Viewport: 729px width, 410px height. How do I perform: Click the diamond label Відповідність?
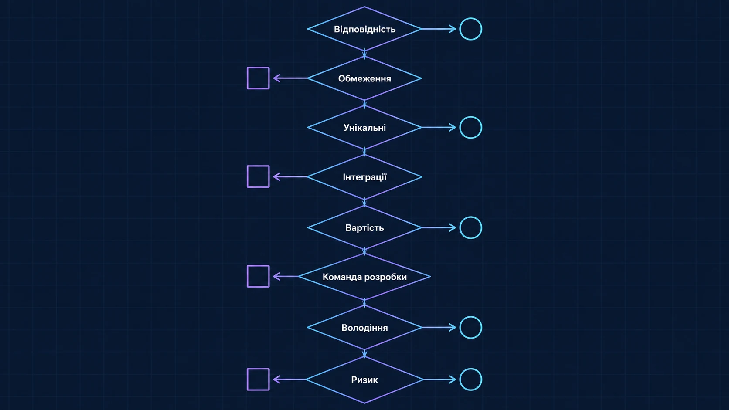pos(364,29)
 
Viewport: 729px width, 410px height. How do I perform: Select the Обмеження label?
pos(364,79)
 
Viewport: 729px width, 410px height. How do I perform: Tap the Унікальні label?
pos(364,128)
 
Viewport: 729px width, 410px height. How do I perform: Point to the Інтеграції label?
pos(364,177)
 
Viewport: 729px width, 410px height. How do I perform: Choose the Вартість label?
pos(364,228)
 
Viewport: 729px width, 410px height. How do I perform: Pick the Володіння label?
pos(364,328)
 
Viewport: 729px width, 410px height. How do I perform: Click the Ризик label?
pos(364,380)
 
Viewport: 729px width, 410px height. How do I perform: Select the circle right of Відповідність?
pos(470,18)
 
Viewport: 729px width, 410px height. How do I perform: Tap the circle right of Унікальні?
pos(470,117)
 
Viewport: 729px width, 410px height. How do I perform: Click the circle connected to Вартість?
pos(470,217)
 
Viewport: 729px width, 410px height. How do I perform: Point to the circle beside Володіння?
pos(470,317)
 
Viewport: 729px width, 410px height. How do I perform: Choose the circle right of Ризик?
pos(470,369)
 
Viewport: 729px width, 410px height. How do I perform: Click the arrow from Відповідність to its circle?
pos(439,29)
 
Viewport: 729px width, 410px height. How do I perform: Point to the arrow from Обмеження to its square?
pos(290,78)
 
